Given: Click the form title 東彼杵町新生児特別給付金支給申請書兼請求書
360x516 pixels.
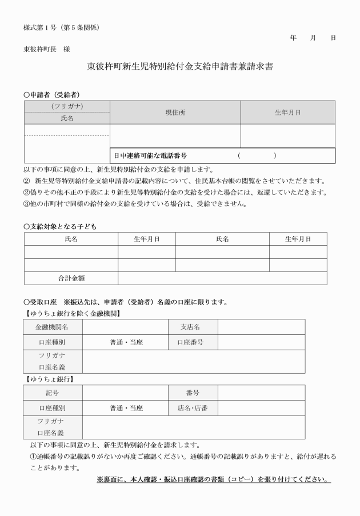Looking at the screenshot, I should coord(180,66).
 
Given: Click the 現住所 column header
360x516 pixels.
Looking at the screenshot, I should coord(175,113).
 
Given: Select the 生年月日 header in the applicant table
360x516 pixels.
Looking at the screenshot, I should coord(287,113).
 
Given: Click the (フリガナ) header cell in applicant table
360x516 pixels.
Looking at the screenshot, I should coord(67,106).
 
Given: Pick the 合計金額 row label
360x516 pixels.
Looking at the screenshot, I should coord(71,278).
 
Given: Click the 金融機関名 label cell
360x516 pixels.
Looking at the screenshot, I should coord(53,327).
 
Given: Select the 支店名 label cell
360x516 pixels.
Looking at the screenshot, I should coord(193,327).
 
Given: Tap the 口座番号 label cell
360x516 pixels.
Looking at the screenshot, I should coord(193,342).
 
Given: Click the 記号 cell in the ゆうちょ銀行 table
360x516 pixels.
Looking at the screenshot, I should coord(53,393).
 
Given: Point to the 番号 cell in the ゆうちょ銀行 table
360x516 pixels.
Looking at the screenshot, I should coord(193,393).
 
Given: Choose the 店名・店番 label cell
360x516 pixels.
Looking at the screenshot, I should coord(193,409).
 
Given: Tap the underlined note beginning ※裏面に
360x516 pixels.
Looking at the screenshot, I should coord(214,479).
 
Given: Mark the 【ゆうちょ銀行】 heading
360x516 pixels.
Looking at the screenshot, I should coord(50,379).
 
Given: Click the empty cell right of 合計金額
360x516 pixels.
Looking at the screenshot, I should coord(222,278).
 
